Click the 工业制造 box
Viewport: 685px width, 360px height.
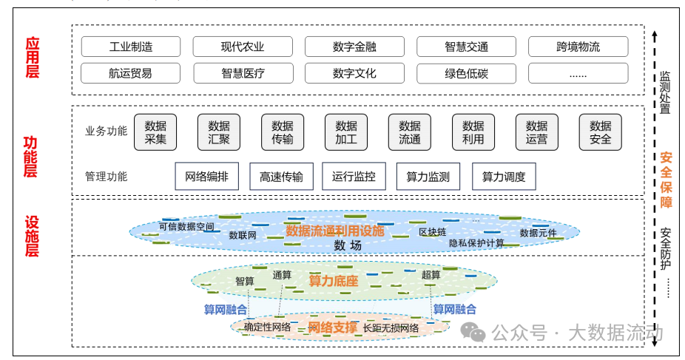(131, 47)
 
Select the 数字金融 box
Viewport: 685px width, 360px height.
(354, 47)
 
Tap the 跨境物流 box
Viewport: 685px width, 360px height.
(578, 47)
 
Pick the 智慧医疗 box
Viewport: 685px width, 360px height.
(243, 73)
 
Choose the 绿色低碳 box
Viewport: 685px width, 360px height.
(466, 73)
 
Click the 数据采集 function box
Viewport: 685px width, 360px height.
(155, 132)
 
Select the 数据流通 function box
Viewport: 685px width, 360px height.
(410, 132)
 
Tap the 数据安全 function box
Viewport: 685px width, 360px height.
(600, 132)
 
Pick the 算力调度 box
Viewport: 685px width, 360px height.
(504, 177)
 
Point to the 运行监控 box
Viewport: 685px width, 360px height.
(354, 177)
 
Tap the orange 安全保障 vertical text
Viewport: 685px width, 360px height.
(666, 180)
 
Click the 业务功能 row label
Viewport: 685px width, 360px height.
(106, 132)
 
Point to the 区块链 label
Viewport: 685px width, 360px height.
(432, 232)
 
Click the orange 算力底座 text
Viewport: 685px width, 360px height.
(333, 281)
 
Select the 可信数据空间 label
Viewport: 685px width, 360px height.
(186, 226)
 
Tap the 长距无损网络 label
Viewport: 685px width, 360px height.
(391, 327)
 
